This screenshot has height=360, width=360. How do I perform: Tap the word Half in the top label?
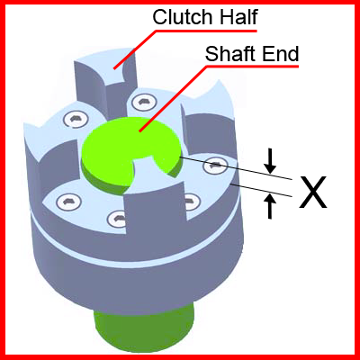[239, 17]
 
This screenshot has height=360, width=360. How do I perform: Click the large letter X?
[313, 192]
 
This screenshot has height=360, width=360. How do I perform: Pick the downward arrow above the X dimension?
[271, 161]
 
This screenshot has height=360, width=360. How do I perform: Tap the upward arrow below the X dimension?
[271, 206]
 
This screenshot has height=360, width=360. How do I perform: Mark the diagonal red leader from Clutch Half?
[134, 49]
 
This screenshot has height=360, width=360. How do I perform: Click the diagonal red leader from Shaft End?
[173, 99]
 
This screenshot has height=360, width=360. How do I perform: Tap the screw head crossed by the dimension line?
[215, 165]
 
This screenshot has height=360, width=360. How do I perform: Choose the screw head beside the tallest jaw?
[141, 102]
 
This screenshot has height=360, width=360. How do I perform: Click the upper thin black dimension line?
[236, 168]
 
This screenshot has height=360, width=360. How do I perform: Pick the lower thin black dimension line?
[261, 190]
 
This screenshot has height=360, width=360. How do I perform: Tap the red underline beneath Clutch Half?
[206, 31]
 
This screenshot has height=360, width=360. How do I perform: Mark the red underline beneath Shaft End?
[252, 67]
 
